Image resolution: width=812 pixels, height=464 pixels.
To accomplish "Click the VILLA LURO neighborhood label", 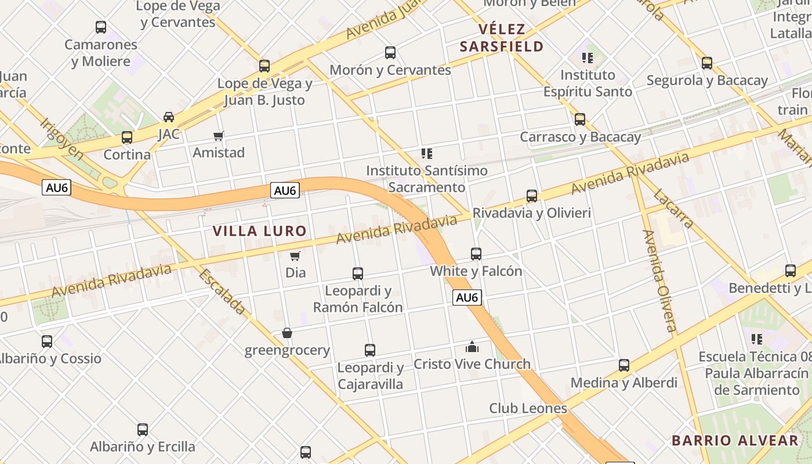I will coord(259,231).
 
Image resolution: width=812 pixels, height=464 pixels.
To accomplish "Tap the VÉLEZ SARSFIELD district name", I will coord(502,38).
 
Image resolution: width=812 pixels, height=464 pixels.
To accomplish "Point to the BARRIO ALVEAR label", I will coord(735,440).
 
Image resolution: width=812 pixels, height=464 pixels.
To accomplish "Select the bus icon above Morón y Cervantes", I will coord(390,53).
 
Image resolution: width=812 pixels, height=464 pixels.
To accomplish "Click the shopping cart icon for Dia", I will coord(295,256).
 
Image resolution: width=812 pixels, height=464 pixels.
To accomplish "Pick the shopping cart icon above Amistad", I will coord(219,136).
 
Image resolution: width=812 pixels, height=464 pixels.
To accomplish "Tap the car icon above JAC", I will coord(169,117).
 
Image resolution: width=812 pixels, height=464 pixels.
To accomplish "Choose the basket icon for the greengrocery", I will coord(287,333).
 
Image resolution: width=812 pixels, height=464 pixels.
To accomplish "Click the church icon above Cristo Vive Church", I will coord(472,347).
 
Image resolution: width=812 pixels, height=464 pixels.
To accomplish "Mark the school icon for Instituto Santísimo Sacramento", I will coord(427,154).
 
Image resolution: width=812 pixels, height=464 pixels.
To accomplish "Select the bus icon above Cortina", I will coord(127,137).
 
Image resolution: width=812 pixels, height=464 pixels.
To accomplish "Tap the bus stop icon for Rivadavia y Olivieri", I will coord(532,196).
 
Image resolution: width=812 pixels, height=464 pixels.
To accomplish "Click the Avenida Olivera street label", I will coord(660,281).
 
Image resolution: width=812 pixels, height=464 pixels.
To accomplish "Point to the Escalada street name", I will coord(222,292).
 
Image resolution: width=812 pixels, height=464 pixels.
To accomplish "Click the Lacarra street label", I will coord(673,209).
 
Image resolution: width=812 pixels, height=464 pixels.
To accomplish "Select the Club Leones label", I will coord(528,408).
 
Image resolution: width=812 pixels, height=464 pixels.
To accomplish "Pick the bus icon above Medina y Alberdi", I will coord(624,365).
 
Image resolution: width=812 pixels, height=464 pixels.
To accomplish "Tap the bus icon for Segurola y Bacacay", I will coord(707,63).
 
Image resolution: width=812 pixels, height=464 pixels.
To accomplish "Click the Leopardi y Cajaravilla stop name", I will coord(370,376).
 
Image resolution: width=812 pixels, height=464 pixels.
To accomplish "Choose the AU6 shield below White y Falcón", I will coord(467,298).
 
